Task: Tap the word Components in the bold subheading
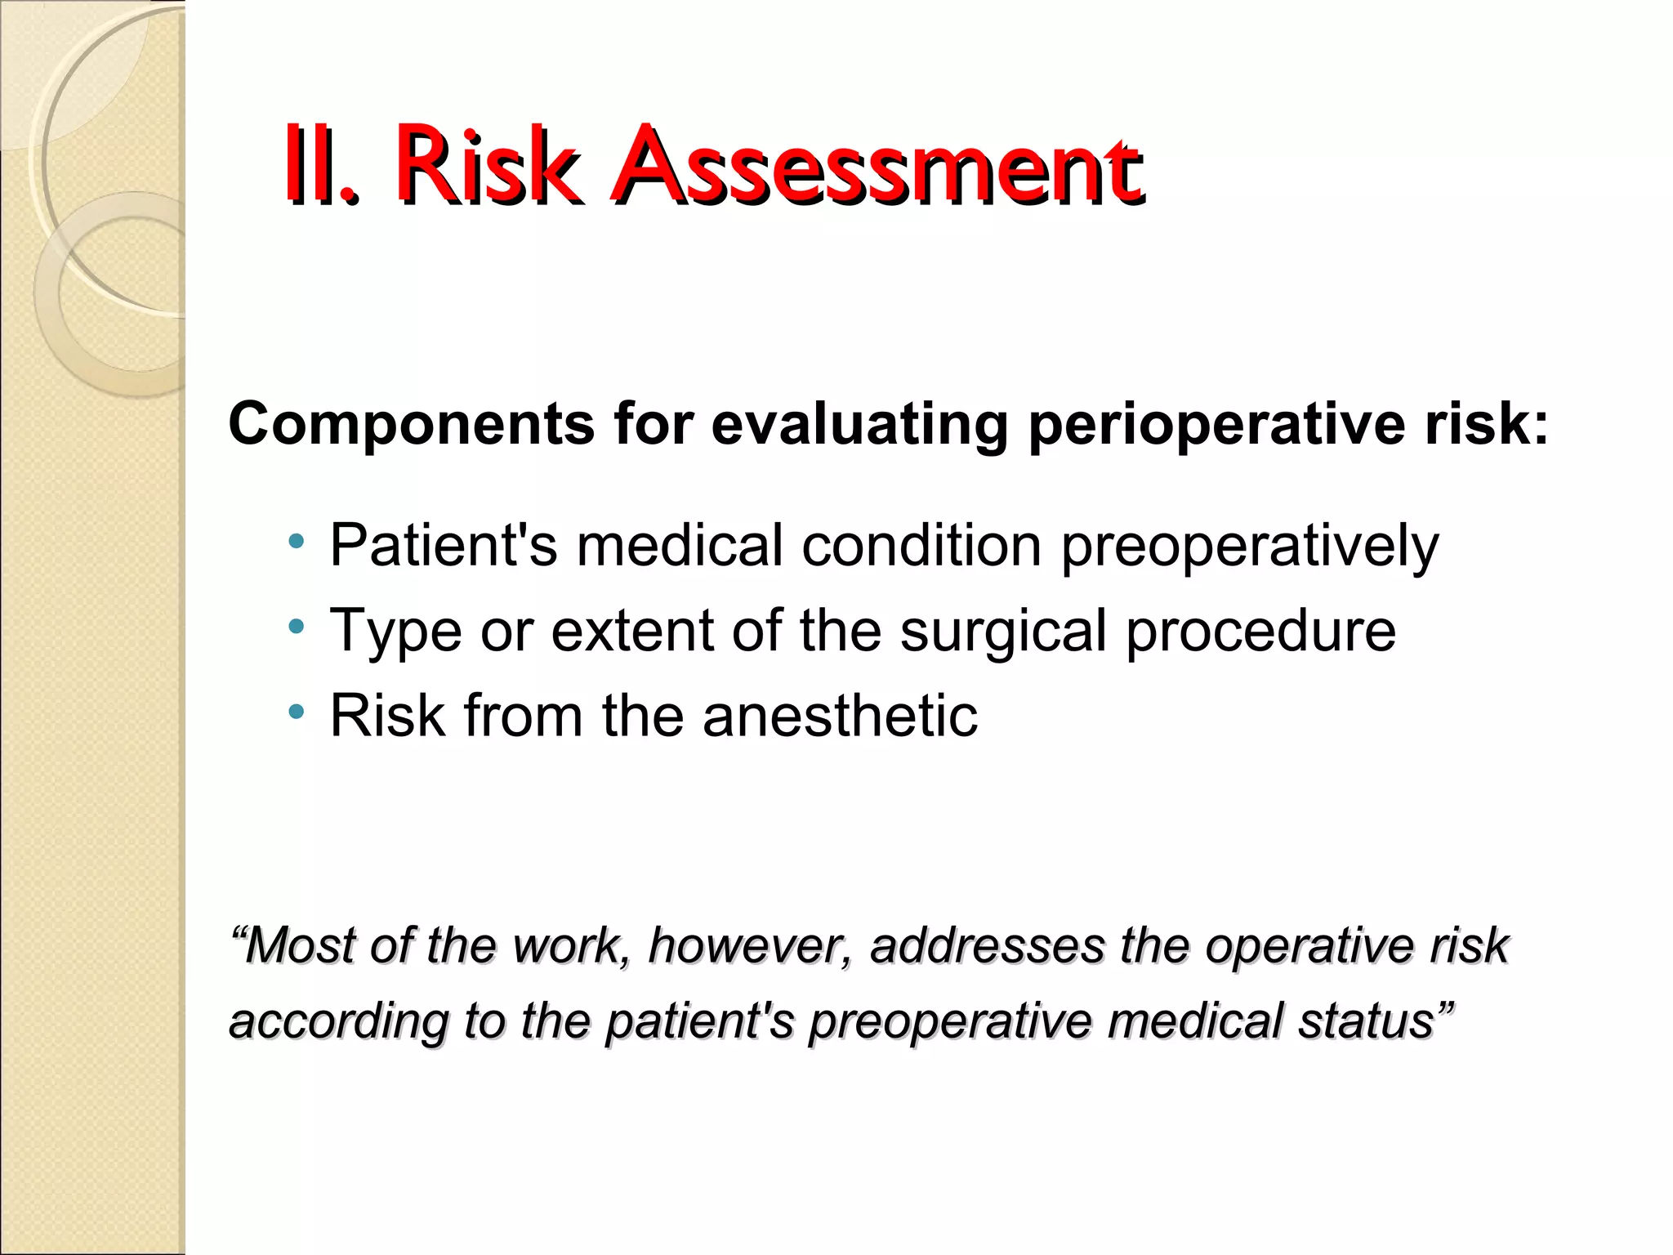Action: pyautogui.click(x=411, y=425)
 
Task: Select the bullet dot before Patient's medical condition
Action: pyautogui.click(x=297, y=542)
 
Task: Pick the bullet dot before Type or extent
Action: pyautogui.click(x=297, y=627)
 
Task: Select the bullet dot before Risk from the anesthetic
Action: pyautogui.click(x=297, y=712)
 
